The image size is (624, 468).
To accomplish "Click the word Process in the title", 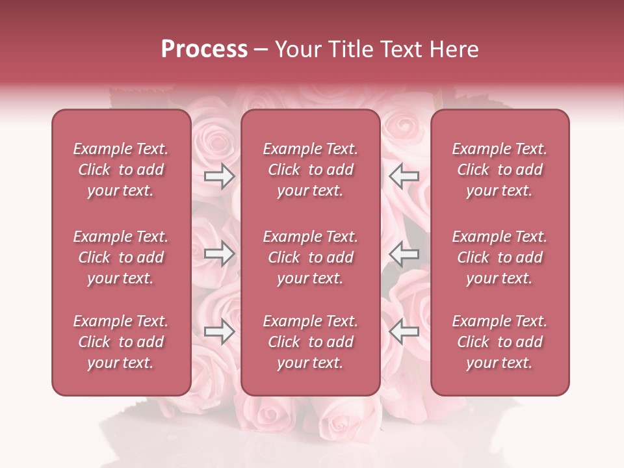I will click(204, 49).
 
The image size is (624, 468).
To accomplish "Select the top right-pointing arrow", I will click(219, 175).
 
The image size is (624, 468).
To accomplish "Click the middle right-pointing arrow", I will click(219, 254).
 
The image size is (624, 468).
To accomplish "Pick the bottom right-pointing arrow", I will click(219, 332).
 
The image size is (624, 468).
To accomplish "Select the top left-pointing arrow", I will click(404, 175).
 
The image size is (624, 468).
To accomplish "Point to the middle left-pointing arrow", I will click(404, 254).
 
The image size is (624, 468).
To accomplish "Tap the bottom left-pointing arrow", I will click(404, 332).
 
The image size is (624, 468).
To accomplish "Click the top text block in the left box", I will click(121, 170).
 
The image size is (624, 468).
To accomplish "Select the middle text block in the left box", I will click(121, 257).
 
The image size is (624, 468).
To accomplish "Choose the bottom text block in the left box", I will click(121, 342).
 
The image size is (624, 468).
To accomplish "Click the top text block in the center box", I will click(311, 170).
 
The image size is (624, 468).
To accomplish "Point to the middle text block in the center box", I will click(311, 257).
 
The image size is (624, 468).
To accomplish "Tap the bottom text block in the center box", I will click(311, 342).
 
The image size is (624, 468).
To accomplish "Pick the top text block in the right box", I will click(500, 170).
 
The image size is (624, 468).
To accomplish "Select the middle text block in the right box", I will click(500, 257).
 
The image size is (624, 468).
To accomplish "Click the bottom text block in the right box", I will click(500, 342).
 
